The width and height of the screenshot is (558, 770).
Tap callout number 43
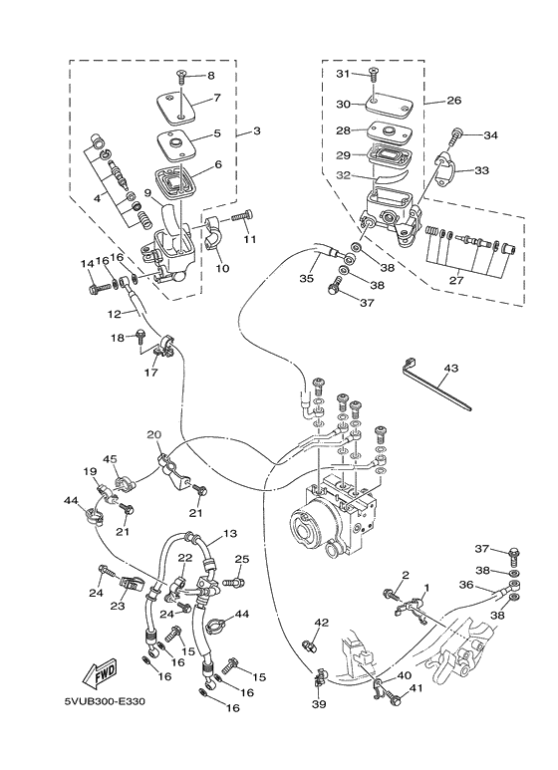450,369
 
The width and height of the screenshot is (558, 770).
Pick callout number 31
342,74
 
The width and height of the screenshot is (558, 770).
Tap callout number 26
454,101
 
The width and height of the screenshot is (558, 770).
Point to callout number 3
256,131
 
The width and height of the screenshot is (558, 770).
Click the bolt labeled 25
235,583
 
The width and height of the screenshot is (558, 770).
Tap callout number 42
321,623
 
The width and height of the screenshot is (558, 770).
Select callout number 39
318,704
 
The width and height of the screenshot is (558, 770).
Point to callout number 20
154,435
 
